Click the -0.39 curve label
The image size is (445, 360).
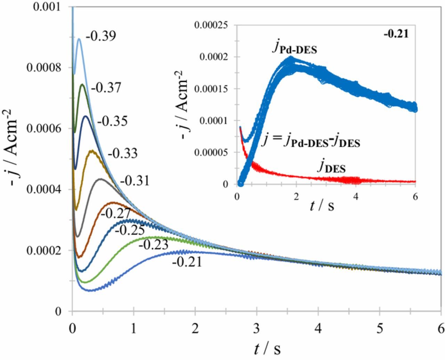click(101, 36)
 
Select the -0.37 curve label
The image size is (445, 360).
click(106, 88)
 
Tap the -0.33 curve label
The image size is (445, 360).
click(122, 153)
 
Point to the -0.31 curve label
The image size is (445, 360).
click(135, 181)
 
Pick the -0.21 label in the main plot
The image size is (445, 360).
click(187, 262)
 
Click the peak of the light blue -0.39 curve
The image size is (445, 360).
click(79, 39)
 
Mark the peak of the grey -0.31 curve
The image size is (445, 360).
click(100, 179)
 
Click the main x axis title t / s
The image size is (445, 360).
click(267, 349)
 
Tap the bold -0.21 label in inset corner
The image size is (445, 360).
click(396, 34)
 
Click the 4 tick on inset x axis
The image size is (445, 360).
click(356, 196)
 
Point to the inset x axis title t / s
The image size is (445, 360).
click(322, 206)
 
